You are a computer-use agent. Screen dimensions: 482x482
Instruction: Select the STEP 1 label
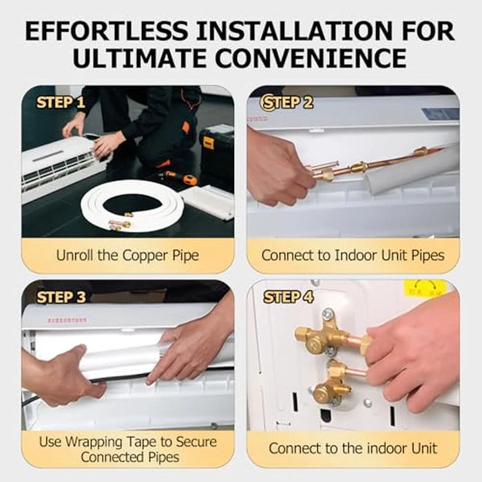[61, 103]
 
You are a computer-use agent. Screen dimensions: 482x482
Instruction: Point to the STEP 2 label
[286, 103]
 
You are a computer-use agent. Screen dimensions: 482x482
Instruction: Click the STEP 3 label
[61, 297]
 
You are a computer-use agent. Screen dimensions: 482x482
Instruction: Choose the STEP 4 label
[288, 297]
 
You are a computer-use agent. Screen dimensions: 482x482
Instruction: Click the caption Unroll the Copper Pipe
[127, 255]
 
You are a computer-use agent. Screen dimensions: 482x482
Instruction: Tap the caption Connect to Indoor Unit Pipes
[353, 255]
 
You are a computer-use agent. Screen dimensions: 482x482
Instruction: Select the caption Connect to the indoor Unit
[353, 448]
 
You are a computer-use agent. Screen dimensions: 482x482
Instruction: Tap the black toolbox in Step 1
[216, 148]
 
